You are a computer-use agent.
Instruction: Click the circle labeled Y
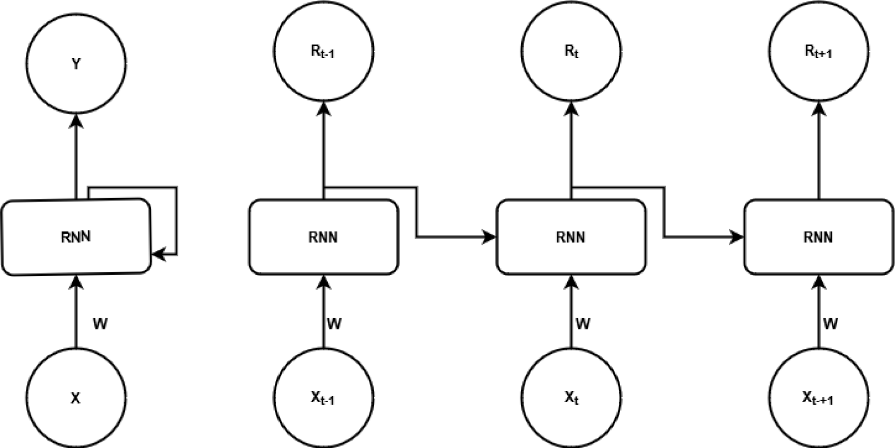pyautogui.click(x=76, y=64)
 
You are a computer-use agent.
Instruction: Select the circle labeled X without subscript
pyautogui.click(x=76, y=398)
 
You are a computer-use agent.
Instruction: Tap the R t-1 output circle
pyautogui.click(x=323, y=51)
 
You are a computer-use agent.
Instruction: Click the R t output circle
pyautogui.click(x=571, y=51)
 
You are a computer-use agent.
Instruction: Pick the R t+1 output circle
pyautogui.click(x=818, y=51)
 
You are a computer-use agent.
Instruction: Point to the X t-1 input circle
pyautogui.click(x=323, y=398)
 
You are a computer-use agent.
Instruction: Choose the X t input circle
pyautogui.click(x=571, y=398)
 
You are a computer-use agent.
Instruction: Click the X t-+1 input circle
pyautogui.click(x=818, y=398)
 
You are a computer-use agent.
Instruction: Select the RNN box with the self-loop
pyautogui.click(x=76, y=237)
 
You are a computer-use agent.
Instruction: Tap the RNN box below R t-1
pyautogui.click(x=323, y=237)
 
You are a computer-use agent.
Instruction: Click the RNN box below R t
pyautogui.click(x=571, y=237)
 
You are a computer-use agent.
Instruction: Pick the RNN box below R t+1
pyautogui.click(x=818, y=237)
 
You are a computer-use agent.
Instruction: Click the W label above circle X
pyautogui.click(x=100, y=325)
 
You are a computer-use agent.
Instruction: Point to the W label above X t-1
pyautogui.click(x=334, y=325)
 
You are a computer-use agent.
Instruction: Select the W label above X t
pyautogui.click(x=582, y=325)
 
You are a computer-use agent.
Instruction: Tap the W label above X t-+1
pyautogui.click(x=830, y=325)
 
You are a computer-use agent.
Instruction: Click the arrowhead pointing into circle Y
pyautogui.click(x=76, y=121)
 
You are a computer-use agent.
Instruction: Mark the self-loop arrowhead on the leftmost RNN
pyautogui.click(x=158, y=255)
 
